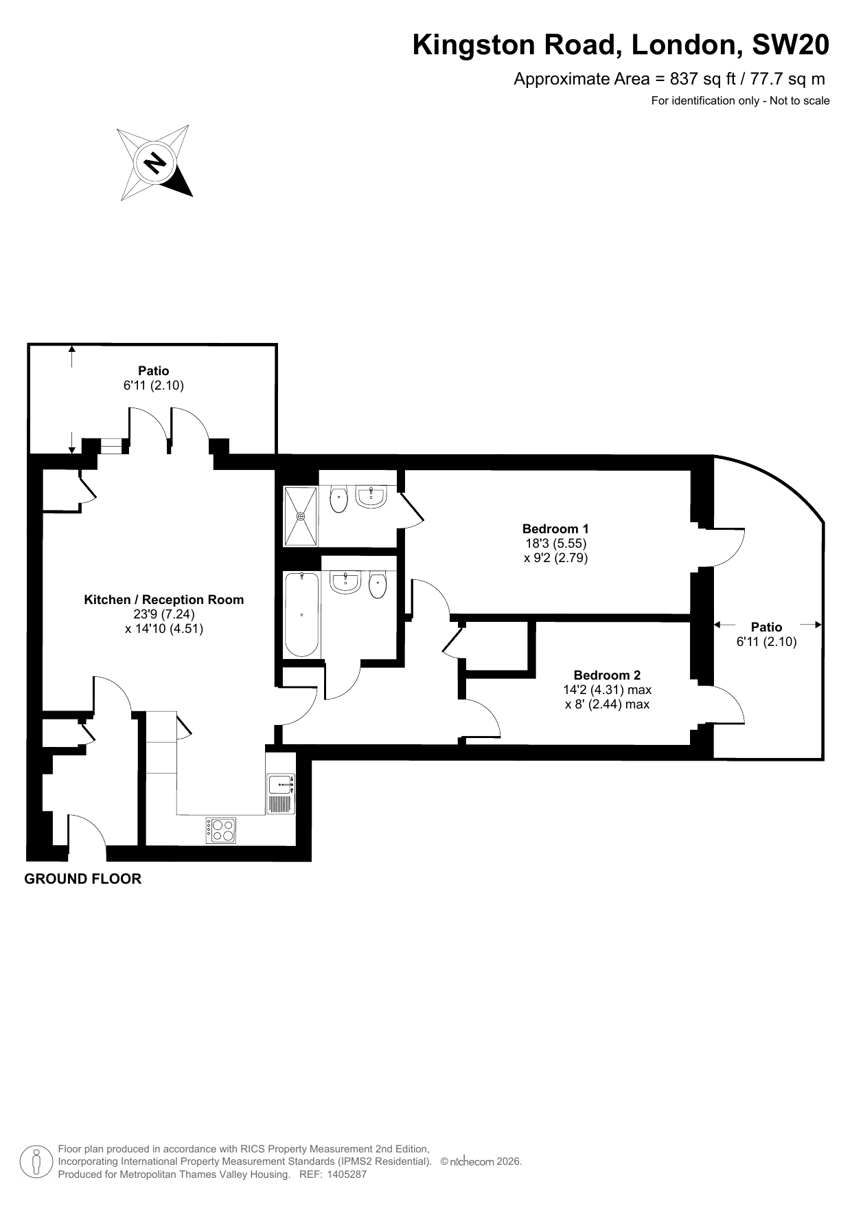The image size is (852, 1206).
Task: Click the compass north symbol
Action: (x=154, y=163)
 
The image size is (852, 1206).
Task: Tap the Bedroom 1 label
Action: (x=555, y=528)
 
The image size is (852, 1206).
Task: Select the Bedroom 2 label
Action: (x=607, y=675)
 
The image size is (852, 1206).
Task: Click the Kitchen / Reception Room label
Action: (x=163, y=599)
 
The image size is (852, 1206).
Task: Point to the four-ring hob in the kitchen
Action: (x=221, y=830)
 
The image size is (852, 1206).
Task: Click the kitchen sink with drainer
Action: (x=281, y=794)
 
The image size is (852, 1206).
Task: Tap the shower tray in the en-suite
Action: (x=301, y=516)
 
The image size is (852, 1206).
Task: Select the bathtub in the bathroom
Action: (x=302, y=614)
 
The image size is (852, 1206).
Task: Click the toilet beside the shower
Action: (x=338, y=500)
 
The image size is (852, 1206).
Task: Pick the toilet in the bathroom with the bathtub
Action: (x=378, y=585)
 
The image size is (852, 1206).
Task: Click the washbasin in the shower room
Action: (x=371, y=497)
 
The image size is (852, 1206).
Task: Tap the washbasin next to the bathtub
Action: (x=345, y=582)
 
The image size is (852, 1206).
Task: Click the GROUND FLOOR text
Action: (x=83, y=879)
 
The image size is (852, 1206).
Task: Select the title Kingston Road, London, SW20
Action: (x=621, y=45)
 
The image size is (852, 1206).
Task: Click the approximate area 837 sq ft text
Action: (x=669, y=79)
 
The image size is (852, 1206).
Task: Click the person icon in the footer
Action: (x=36, y=1162)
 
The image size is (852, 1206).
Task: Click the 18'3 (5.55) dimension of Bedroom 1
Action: (x=556, y=544)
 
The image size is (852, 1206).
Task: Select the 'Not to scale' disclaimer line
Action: (x=740, y=101)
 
